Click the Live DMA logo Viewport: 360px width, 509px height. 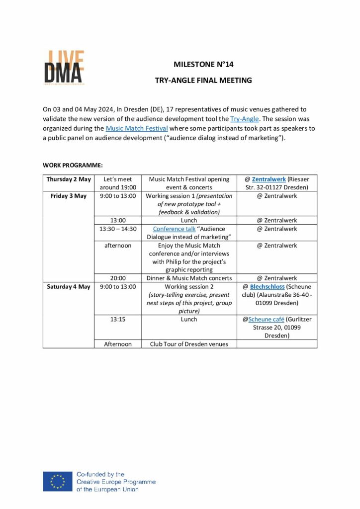(63, 67)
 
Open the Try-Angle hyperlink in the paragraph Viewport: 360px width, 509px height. (241, 119)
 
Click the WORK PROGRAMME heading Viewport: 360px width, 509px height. (73, 165)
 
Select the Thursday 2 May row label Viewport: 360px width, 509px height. (69, 179)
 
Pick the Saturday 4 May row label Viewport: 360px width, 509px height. (69, 287)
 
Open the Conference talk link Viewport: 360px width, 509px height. (174, 229)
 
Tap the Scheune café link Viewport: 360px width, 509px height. (266, 320)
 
